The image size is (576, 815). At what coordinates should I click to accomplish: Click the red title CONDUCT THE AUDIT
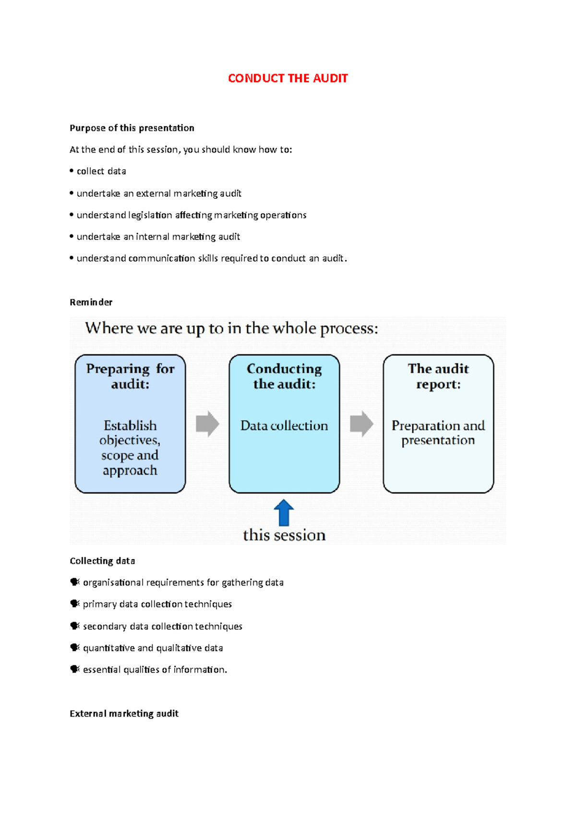tap(288, 78)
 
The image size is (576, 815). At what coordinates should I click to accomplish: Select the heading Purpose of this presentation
tap(132, 128)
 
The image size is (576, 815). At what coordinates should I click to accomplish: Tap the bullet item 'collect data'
tap(101, 171)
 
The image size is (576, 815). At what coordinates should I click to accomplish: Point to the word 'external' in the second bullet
tap(153, 193)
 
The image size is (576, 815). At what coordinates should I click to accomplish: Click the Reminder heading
tap(91, 302)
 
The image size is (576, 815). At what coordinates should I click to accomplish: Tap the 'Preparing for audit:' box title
tap(130, 376)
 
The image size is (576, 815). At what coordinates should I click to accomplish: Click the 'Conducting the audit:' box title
tap(284, 376)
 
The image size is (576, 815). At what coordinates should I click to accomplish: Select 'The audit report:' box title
tap(438, 376)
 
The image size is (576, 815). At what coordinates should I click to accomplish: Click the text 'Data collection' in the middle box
tap(284, 426)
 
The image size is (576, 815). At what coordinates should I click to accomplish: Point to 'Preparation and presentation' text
tap(438, 433)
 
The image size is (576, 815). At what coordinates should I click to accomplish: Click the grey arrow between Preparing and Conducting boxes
tap(207, 424)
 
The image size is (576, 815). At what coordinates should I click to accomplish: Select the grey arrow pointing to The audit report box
tap(361, 424)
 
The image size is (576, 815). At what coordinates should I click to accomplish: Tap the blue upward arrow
tap(284, 513)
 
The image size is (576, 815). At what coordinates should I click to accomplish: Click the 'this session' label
tap(284, 535)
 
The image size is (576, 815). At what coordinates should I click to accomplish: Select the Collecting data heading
tap(102, 561)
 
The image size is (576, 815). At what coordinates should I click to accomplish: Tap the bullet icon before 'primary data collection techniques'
tap(75, 604)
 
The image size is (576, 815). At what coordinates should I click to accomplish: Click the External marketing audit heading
tap(124, 714)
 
